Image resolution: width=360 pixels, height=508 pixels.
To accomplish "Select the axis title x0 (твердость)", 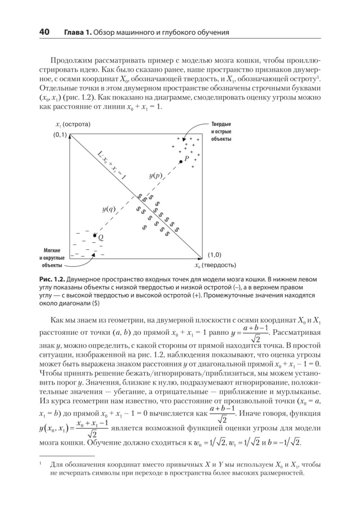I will click(215, 265).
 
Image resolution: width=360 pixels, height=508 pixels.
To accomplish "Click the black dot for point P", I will click(181, 162).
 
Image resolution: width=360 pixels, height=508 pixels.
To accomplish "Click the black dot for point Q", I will click(95, 235).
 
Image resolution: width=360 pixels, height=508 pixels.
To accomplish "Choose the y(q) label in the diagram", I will click(108, 209).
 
